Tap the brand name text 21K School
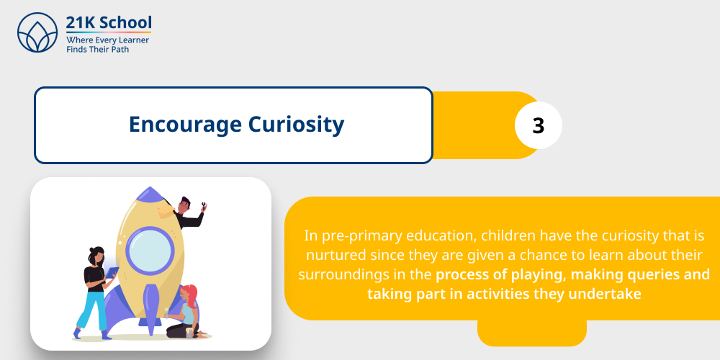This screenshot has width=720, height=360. [x=108, y=23]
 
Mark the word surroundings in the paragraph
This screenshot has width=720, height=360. [x=345, y=275]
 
